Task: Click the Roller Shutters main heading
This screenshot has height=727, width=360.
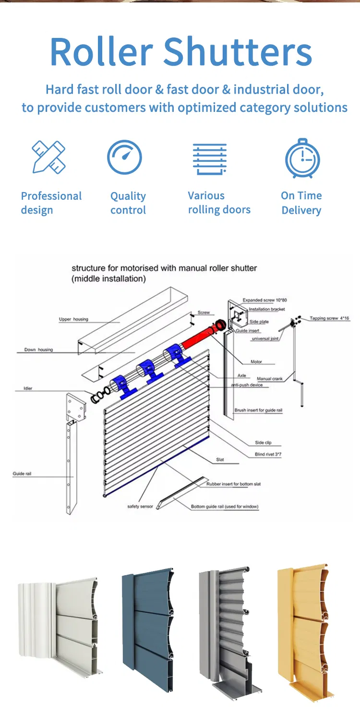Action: (x=180, y=52)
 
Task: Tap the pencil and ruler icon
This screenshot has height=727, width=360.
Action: (x=48, y=157)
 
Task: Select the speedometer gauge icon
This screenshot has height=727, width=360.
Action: (x=124, y=157)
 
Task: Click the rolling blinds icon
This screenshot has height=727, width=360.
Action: (x=209, y=158)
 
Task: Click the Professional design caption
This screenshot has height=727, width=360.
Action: (x=51, y=203)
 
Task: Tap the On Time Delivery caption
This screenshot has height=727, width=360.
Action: (x=301, y=203)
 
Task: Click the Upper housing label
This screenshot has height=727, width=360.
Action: (x=73, y=319)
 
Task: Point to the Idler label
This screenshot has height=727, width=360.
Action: (x=28, y=388)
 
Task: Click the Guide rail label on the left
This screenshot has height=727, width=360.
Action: (x=22, y=474)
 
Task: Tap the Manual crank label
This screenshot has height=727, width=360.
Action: (x=270, y=379)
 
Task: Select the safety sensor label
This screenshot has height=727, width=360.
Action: (x=140, y=506)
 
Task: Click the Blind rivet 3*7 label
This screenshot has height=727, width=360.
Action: (x=268, y=454)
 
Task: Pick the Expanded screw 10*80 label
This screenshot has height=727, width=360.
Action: (x=264, y=300)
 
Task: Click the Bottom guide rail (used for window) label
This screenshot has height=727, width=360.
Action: (x=225, y=507)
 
